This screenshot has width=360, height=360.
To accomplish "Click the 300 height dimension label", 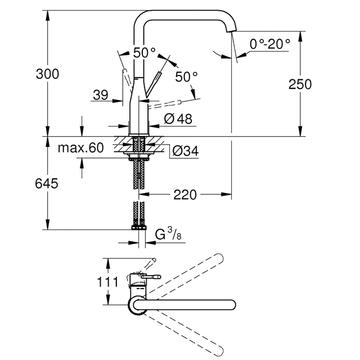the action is [x=47, y=74].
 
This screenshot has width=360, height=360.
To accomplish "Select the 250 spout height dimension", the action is [x=300, y=84].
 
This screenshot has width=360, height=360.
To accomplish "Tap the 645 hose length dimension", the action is [x=47, y=184].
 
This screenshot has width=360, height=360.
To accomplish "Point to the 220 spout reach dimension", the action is [x=185, y=195].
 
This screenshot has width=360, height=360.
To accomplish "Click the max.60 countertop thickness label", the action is [x=81, y=147].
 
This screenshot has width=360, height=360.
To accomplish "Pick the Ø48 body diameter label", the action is [x=178, y=119].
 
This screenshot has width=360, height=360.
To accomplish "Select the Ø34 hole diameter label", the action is [x=186, y=151].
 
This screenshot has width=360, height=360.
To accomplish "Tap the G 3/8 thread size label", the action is [x=168, y=233].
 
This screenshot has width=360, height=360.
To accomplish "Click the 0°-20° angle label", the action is [x=270, y=44].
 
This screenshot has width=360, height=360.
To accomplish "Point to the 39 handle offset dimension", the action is [x=100, y=94].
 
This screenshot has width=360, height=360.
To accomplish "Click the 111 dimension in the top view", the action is [x=107, y=282].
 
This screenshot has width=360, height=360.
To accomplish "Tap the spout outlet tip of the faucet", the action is [x=231, y=31].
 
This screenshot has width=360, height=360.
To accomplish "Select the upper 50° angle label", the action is [x=145, y=52].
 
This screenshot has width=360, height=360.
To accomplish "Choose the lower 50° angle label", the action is [x=186, y=76].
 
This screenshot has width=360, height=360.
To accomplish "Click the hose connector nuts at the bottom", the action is [x=139, y=227].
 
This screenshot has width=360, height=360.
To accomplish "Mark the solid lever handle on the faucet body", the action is [x=154, y=84].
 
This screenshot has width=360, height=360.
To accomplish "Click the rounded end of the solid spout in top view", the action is [x=232, y=305].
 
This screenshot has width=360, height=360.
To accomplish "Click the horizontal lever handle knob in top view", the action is [x=151, y=277].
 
